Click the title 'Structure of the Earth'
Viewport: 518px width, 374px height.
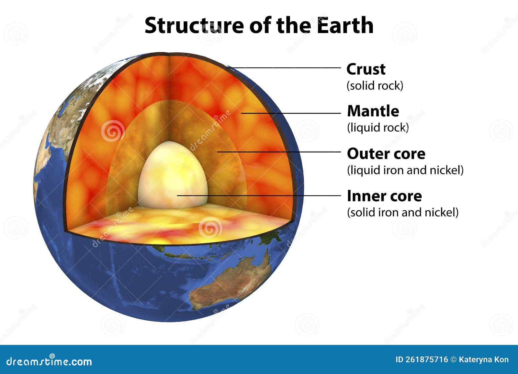[x=259, y=25]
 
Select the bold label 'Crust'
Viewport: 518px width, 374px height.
[x=366, y=69]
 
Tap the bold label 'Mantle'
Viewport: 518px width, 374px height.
[x=373, y=111]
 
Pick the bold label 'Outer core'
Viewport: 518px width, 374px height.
[x=386, y=154]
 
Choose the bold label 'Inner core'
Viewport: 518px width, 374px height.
[x=384, y=196]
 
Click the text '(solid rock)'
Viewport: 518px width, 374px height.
[x=375, y=86]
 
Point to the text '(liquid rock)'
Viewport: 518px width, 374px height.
[x=378, y=128]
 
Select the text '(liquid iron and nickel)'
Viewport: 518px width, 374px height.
[x=405, y=170]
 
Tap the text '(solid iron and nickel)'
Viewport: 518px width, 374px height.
[x=403, y=212]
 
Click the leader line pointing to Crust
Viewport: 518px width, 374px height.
[x=285, y=68]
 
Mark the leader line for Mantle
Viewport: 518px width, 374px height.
[x=291, y=113]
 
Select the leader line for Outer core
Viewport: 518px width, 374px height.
[x=278, y=151]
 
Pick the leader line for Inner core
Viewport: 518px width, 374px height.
[x=259, y=195]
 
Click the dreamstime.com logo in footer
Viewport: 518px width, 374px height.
[x=49, y=361]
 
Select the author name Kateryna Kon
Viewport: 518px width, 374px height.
[x=484, y=359]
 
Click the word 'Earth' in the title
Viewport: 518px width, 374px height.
[x=345, y=25]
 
